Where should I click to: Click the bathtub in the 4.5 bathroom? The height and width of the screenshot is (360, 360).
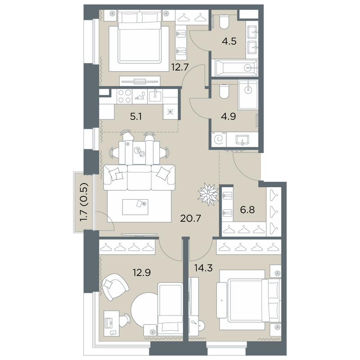[236, 68]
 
